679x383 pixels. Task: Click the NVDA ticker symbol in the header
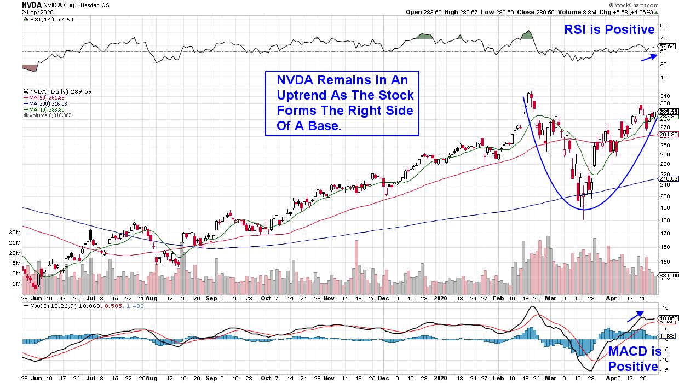tap(11, 4)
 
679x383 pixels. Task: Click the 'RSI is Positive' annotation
tap(609, 30)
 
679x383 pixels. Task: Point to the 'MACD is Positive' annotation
tap(632, 359)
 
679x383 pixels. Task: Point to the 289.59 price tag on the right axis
tap(668, 112)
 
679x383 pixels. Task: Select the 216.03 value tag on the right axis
tap(668, 178)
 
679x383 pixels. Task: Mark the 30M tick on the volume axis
tap(15, 233)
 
